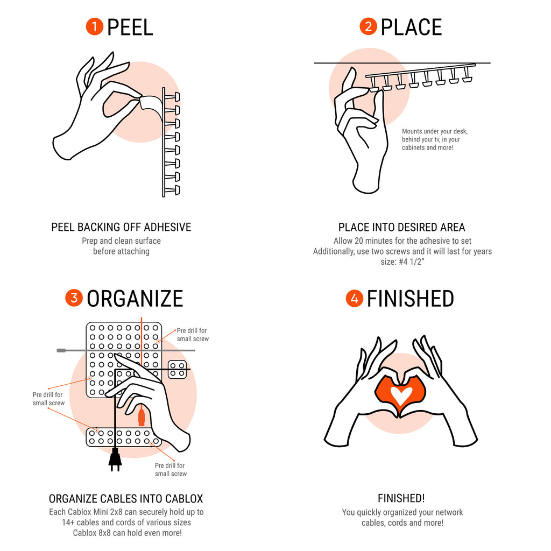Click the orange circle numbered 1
tap(95, 27)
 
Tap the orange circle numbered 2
tap(368, 27)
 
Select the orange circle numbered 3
tap(74, 298)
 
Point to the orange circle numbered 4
tap(354, 298)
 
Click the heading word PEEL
tap(130, 27)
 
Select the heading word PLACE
tap(411, 27)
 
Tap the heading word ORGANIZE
tap(135, 299)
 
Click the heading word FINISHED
tap(411, 299)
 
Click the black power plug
tap(115, 460)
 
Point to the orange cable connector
tap(142, 417)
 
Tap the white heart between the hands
tap(400, 395)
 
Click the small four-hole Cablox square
tap(177, 370)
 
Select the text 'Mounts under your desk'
tap(434, 131)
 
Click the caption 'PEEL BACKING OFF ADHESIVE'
tap(121, 227)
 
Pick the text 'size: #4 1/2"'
tap(402, 262)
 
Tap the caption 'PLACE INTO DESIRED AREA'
tap(401, 228)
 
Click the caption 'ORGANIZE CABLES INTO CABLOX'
tap(126, 499)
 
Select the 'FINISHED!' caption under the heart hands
tap(401, 498)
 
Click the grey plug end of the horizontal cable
tap(61, 350)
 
